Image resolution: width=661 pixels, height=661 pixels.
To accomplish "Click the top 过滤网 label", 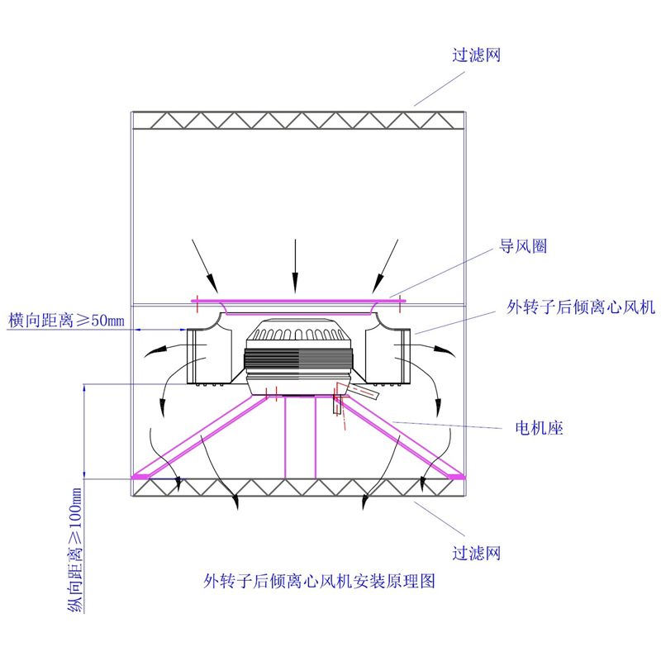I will (x=477, y=56).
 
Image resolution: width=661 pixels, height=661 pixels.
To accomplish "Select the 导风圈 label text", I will (x=523, y=246).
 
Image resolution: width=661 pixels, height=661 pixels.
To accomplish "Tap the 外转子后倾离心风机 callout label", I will (x=581, y=307).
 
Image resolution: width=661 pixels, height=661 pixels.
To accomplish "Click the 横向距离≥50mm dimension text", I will (x=66, y=320).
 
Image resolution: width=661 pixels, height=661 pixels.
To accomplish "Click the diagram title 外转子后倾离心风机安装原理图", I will (x=319, y=580).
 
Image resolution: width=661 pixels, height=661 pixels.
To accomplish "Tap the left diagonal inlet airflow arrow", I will (x=205, y=265).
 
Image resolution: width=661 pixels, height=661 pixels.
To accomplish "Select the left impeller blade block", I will (x=201, y=356).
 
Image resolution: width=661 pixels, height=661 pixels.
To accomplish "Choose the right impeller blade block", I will (x=395, y=356).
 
